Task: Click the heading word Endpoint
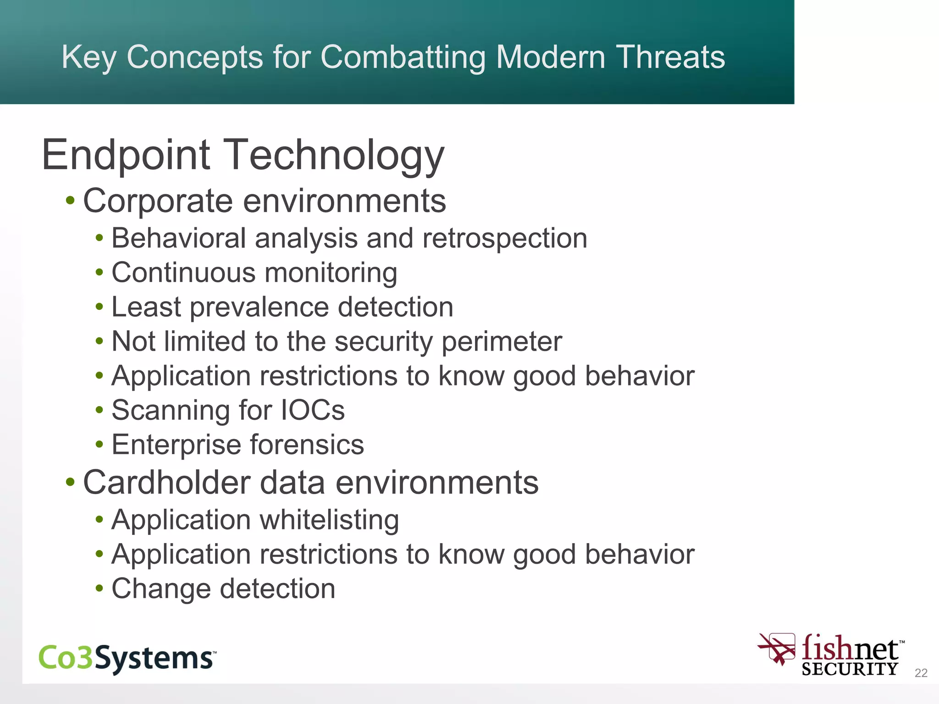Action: (126, 155)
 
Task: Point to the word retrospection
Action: (504, 239)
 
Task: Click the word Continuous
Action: (183, 273)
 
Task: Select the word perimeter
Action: (502, 341)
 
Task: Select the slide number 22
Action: (921, 672)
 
